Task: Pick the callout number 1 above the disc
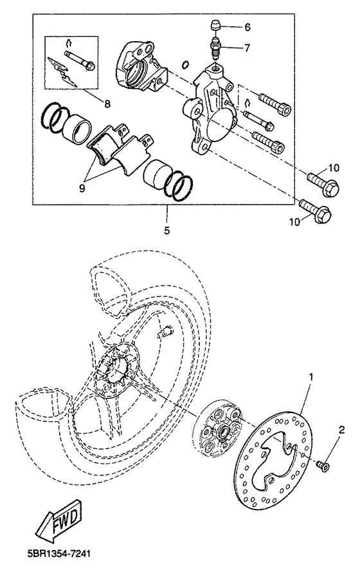coord(312,375)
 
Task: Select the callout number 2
coord(342,430)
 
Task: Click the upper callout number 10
coord(332,168)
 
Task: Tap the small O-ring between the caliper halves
coord(184,64)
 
